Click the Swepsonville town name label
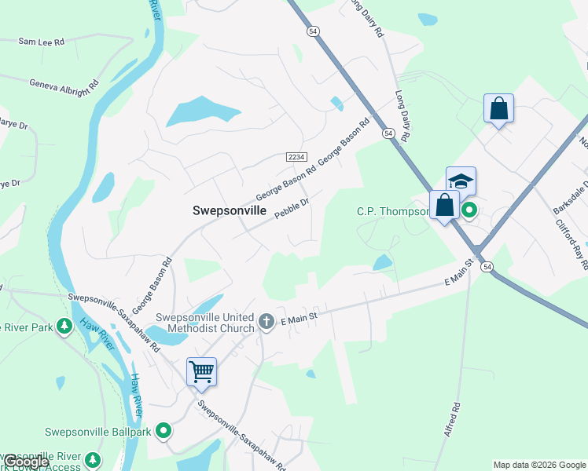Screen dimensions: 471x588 (x=230, y=211)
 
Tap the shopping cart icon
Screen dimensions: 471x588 (x=202, y=371)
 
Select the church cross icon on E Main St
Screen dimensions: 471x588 (x=266, y=321)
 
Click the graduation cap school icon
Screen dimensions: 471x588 (x=461, y=181)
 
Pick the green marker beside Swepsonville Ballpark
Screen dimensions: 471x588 (x=164, y=430)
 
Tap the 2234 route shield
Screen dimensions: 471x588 (x=296, y=157)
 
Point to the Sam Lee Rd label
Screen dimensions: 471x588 (x=40, y=42)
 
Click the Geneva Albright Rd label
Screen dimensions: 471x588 (x=65, y=82)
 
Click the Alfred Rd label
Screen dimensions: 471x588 (x=452, y=421)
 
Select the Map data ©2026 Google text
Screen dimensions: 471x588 (x=539, y=465)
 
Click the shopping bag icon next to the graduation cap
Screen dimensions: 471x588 (x=444, y=206)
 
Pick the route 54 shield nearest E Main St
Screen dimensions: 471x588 (x=487, y=268)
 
